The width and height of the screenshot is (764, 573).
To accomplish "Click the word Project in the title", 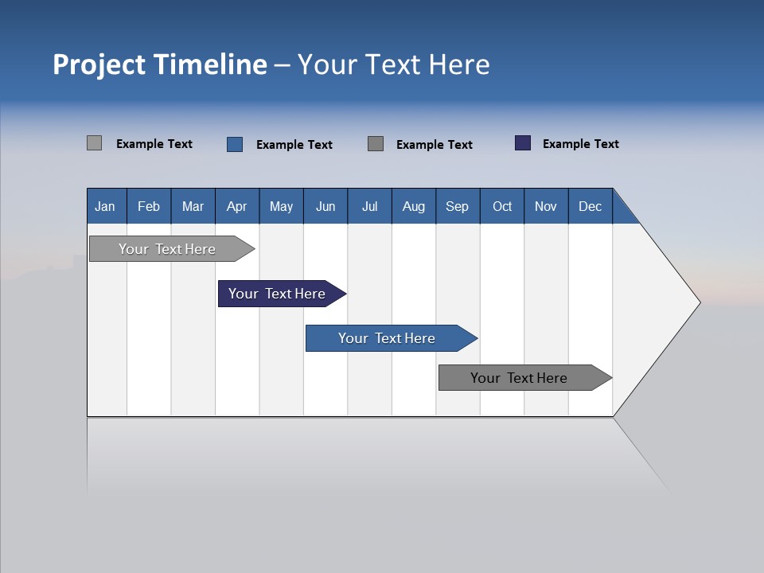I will [99, 64].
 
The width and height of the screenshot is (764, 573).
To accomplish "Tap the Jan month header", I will [105, 206].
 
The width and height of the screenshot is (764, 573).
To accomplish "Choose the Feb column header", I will [149, 206].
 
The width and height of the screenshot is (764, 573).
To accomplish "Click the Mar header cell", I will [193, 206].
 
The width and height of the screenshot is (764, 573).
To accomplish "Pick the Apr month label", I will [237, 206].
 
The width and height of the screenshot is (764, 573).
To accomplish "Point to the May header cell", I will [281, 206].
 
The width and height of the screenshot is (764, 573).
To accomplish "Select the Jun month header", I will [325, 206].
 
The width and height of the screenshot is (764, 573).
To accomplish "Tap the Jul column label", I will [369, 206].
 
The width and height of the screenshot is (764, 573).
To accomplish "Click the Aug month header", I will [414, 206].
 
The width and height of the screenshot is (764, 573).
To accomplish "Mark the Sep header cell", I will [458, 206].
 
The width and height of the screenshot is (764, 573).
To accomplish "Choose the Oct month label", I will [502, 206].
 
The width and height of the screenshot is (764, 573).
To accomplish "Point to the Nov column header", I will [546, 206].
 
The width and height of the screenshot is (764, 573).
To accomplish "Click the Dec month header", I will [591, 206].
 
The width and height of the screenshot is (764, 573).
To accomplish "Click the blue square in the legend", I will [235, 144].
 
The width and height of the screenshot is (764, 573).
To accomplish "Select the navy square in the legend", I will [523, 143].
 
